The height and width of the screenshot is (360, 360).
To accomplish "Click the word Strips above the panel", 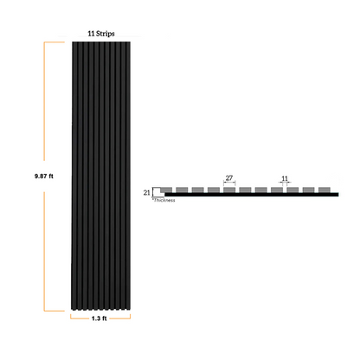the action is [x=106, y=34].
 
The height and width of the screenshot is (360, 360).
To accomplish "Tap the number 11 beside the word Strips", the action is [x=91, y=34].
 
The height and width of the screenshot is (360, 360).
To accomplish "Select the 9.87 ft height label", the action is [x=44, y=176].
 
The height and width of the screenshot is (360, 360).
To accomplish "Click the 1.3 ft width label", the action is [x=100, y=318].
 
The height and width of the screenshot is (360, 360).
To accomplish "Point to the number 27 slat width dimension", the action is [x=229, y=178].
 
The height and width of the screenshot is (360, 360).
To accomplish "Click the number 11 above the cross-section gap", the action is [x=285, y=178].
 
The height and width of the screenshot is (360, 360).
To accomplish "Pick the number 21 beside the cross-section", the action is [x=147, y=192].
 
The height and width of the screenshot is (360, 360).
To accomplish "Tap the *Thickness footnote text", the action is [x=164, y=200].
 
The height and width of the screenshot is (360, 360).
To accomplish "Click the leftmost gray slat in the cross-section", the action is [x=166, y=190].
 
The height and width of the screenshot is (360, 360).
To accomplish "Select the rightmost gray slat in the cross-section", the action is [x=325, y=190].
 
